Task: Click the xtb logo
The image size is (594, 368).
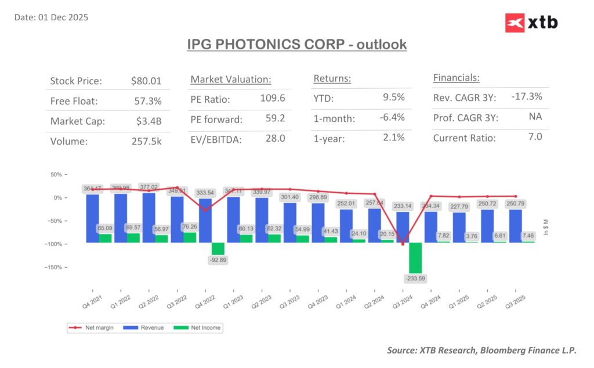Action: click(531, 23)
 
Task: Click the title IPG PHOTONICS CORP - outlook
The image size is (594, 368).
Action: click(297, 44)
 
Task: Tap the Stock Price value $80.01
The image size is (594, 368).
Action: click(146, 81)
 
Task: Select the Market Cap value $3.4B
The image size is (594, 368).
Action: click(149, 121)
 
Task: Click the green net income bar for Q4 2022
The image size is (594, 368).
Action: click(218, 248)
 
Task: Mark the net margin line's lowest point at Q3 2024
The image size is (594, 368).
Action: click(402, 244)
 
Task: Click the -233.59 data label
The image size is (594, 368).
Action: click(415, 279)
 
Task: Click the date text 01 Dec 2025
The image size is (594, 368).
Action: click(64, 17)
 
